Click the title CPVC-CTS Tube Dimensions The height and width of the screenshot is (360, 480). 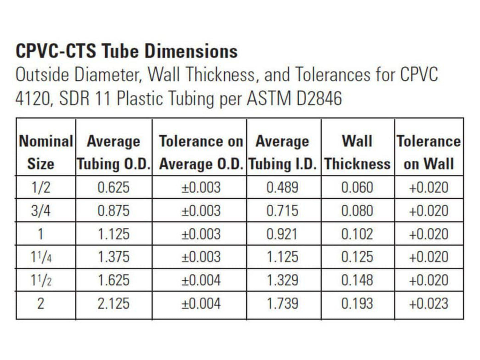coord(127,51)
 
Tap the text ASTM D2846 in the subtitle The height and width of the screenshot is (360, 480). coord(294,99)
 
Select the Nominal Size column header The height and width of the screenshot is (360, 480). coord(46,152)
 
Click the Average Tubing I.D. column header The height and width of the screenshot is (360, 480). coord(283,152)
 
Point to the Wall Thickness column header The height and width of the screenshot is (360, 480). coord(357,152)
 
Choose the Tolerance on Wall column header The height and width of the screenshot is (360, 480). coord(429,152)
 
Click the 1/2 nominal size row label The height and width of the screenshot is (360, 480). coord(41,188)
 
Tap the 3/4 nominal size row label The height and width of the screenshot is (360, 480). coord(41,211)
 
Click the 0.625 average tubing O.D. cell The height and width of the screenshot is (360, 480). coord(113,188)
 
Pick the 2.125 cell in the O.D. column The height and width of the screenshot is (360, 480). coord(113,304)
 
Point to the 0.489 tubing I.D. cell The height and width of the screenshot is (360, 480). coord(282,188)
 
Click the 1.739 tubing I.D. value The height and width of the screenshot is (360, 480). coord(283,304)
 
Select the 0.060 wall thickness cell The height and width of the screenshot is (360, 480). coord(357,188)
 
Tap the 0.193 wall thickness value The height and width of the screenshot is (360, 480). coord(357,304)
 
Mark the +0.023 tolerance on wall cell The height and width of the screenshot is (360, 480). coord(429,304)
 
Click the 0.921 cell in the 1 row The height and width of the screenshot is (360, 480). coord(282,234)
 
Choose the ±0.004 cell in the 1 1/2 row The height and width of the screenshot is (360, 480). coord(201,280)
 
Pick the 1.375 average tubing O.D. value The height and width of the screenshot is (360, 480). coord(113,257)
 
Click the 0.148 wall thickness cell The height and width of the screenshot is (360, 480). coord(357,280)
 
